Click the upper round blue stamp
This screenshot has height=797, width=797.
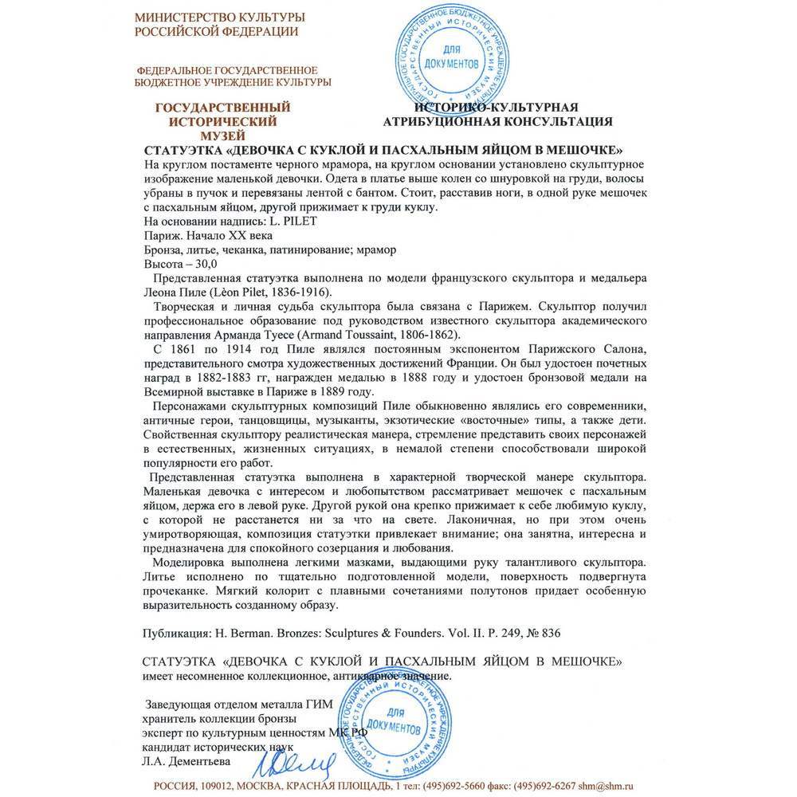click(x=457, y=57)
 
